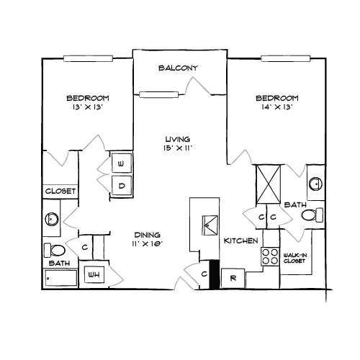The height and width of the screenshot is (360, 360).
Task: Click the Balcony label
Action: coord(178,68)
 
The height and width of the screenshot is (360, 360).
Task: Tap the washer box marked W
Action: coord(122,163)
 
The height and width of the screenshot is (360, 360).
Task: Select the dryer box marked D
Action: coord(122,185)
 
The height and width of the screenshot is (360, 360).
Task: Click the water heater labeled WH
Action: coord(94,274)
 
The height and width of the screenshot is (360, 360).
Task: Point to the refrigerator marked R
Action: coord(233,278)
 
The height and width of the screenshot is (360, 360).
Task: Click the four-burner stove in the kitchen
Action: coord(270,256)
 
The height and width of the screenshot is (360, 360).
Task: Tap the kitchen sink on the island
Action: coord(210,225)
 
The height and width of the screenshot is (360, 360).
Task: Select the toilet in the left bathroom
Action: coord(55,250)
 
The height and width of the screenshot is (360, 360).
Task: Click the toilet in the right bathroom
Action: coord(312,215)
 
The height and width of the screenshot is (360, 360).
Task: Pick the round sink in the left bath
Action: coord(52,219)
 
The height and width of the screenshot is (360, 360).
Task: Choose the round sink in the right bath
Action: coord(315,184)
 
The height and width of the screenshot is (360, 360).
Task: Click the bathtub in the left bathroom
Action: coord(61,278)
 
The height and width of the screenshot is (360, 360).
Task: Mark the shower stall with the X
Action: coord(269,184)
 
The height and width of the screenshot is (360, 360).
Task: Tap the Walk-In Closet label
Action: coord(295,258)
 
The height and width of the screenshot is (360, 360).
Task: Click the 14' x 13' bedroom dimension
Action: coord(277,107)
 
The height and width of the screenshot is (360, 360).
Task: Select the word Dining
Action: coord(147,235)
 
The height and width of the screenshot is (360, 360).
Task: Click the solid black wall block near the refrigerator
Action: coord(215,274)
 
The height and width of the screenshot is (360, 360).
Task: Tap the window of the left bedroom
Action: coord(88,58)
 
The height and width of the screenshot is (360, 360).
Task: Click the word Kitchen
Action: coord(240,240)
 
